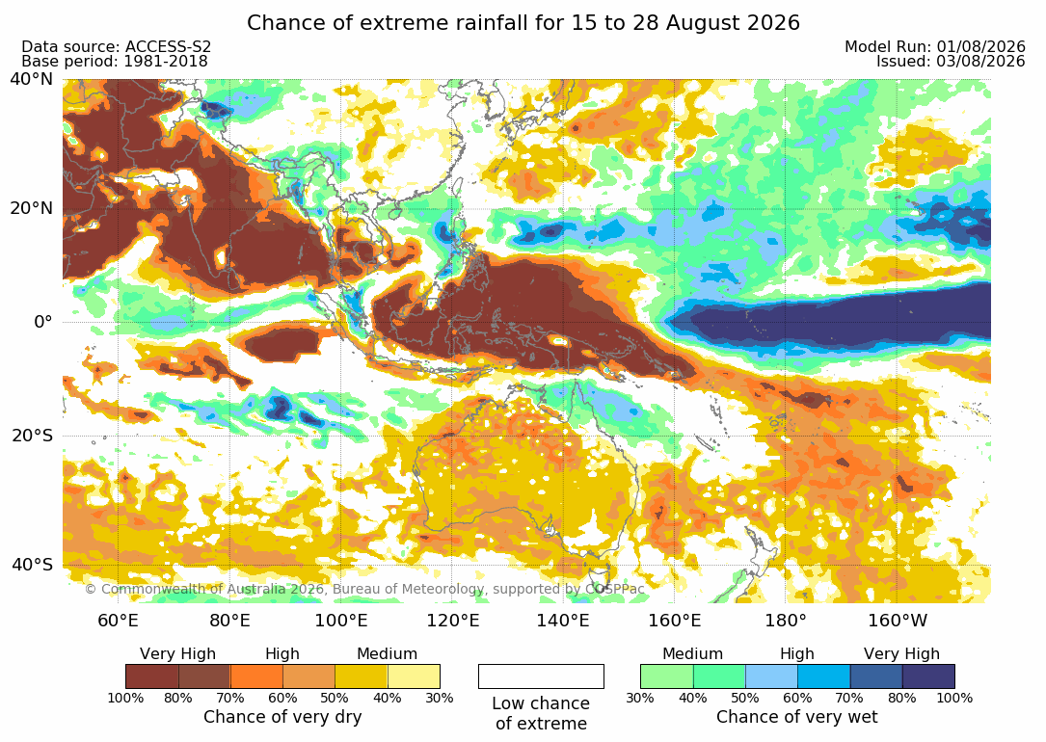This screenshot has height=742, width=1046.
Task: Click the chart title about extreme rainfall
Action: tap(523, 23)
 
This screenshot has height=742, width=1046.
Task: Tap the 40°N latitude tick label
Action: tap(31, 79)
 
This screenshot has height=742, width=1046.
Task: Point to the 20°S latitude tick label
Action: tap(31, 436)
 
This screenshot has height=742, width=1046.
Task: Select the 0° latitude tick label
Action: tap(42, 322)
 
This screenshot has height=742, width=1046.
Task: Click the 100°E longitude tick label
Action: tap(341, 621)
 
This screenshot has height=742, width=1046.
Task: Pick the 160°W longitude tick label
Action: tap(898, 621)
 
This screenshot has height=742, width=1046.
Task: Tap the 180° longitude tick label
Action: tap(786, 621)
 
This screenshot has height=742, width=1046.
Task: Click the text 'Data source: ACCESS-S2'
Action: tap(116, 46)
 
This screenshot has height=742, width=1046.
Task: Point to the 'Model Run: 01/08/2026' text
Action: tap(934, 46)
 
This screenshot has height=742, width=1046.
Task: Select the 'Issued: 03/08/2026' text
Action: tap(951, 62)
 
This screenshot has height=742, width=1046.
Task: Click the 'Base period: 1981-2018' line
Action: tap(114, 62)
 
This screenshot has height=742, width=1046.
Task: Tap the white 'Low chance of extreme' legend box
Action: tap(541, 676)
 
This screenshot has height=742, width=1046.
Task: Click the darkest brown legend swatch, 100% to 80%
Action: tap(152, 676)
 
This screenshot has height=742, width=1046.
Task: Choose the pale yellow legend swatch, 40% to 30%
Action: tap(414, 676)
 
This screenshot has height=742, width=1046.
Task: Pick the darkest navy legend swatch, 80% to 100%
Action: tap(928, 676)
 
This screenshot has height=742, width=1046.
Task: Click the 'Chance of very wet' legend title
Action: tap(796, 717)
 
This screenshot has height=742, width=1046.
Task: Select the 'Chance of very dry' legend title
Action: tap(282, 717)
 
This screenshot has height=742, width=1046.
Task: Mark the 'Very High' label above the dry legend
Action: tap(177, 653)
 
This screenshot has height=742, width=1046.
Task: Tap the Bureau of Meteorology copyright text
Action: tap(364, 589)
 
